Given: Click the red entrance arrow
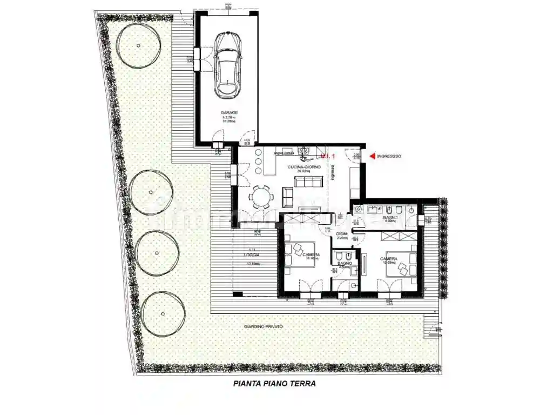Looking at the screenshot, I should point(372,157).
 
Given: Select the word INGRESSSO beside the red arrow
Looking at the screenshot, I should point(389,157).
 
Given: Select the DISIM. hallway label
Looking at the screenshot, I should point(341,233).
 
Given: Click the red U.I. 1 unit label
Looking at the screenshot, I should point(329,156).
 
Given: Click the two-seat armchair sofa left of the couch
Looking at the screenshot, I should point(287,198).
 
